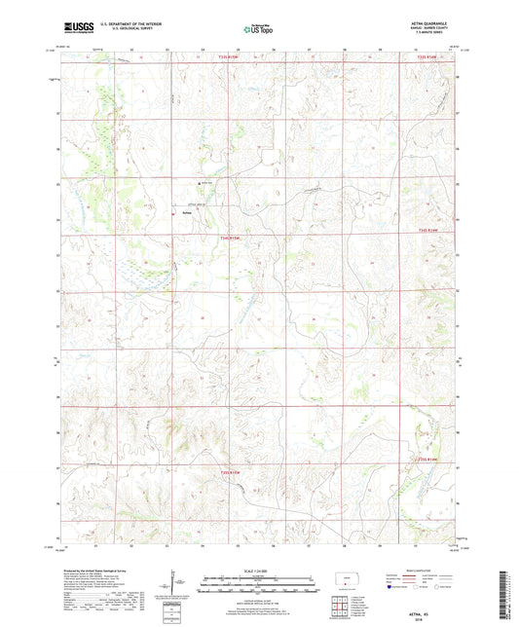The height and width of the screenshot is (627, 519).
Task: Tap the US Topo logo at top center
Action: point(258,29)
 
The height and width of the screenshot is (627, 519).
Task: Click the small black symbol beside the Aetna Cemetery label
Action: point(201,184)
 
